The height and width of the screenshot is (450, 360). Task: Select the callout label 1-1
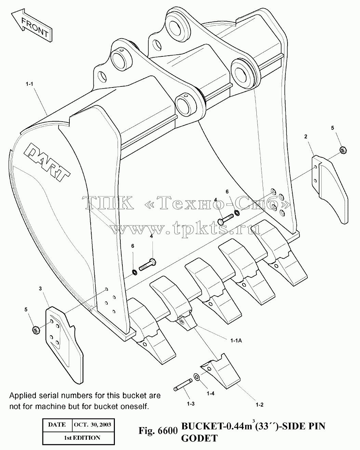coord(29,84)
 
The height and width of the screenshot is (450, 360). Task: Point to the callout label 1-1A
coord(236,341)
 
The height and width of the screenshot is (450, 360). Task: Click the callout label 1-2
coord(259,405)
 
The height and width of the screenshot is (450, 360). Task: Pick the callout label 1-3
coord(191,404)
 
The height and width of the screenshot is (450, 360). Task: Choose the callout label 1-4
coord(211,393)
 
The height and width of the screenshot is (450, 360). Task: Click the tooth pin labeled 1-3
coord(183,384)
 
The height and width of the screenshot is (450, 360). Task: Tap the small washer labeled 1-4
coord(197,377)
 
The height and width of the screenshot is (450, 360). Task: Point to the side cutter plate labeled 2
coord(330,189)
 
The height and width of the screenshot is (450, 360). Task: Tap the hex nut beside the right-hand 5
coord(343,150)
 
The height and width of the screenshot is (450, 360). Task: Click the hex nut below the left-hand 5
coord(36,330)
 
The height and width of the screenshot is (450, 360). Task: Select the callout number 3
coord(40,289)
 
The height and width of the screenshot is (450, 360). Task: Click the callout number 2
coord(306,137)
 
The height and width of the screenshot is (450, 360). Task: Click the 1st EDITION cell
coord(79,438)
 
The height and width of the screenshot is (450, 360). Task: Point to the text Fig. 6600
coord(158,431)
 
